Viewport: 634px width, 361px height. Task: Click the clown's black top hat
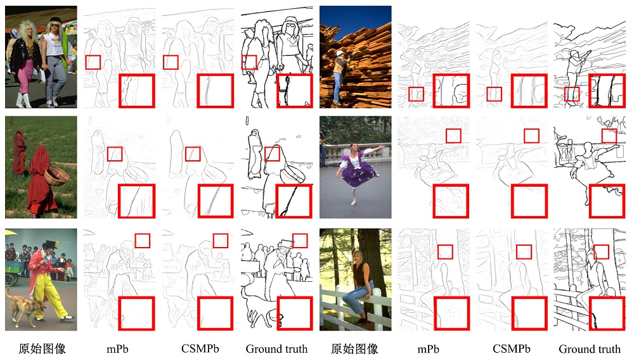(x=51, y=244)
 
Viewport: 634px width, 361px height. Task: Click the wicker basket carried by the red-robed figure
(x=57, y=175)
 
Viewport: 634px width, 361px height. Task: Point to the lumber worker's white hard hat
(x=339, y=53)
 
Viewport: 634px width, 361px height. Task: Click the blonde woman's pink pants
(x=25, y=75)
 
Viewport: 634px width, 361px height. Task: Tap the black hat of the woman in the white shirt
(x=55, y=20)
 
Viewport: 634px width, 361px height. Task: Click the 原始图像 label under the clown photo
(x=42, y=348)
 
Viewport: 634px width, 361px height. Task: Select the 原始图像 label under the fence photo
(x=354, y=348)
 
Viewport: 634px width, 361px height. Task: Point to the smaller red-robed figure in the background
(x=18, y=155)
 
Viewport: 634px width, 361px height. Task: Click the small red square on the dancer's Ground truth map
(x=609, y=136)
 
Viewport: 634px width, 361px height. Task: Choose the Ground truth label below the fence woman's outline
(x=590, y=349)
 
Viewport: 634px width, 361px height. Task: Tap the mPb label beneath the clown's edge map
(x=117, y=349)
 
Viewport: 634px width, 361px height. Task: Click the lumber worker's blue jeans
(x=337, y=87)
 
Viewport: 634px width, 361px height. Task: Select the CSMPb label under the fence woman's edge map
(x=511, y=349)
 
